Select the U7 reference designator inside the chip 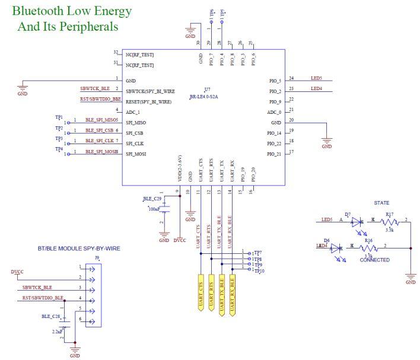click(207, 88)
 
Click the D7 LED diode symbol click(356, 220)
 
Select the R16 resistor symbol click(368, 246)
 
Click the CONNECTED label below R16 click(374, 260)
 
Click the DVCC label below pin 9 click(180, 240)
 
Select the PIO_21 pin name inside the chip click(274, 154)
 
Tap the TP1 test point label click(59, 117)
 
